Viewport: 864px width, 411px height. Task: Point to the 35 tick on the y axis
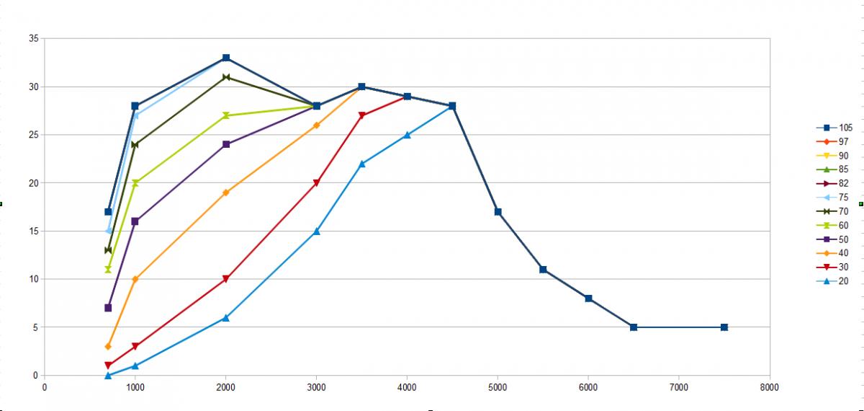pyautogui.click(x=32, y=38)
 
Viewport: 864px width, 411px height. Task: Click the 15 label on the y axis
pyautogui.click(x=32, y=231)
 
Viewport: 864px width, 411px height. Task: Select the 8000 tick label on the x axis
pyautogui.click(x=769, y=387)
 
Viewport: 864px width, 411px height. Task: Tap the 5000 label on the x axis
pyautogui.click(x=498, y=387)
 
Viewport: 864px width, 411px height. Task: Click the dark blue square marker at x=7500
pyautogui.click(x=724, y=327)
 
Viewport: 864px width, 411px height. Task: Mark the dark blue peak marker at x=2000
pyautogui.click(x=226, y=58)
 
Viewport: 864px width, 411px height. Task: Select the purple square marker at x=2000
pyautogui.click(x=226, y=144)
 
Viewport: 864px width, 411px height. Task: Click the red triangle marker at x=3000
pyautogui.click(x=316, y=183)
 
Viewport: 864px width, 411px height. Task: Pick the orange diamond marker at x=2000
pyautogui.click(x=226, y=193)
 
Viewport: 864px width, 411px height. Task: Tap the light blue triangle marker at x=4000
pyautogui.click(x=407, y=135)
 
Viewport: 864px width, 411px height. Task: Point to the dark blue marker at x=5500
pyautogui.click(x=543, y=270)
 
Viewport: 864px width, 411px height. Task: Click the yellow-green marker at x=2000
pyautogui.click(x=226, y=115)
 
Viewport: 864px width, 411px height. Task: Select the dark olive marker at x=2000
pyautogui.click(x=226, y=77)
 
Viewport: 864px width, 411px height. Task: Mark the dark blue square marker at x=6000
pyautogui.click(x=588, y=299)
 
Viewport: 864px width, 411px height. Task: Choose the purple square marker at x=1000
pyautogui.click(x=135, y=221)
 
